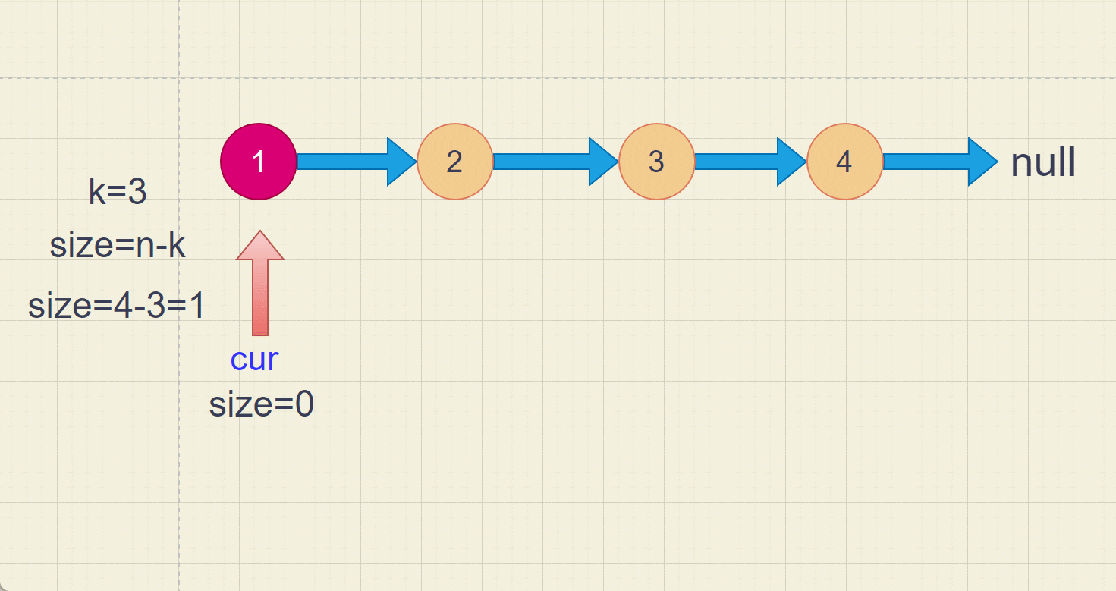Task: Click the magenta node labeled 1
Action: point(259,162)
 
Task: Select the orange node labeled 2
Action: point(455,162)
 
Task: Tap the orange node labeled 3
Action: point(657,162)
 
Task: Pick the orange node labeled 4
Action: point(844,162)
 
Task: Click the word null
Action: point(1042,162)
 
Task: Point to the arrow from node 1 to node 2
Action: point(357,162)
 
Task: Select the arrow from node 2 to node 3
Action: point(556,162)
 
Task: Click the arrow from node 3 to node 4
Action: point(751,162)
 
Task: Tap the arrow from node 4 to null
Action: point(941,162)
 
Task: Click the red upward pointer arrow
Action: point(260,283)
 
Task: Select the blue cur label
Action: point(254,360)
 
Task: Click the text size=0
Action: point(261,404)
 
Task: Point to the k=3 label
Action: point(118,191)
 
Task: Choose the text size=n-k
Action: point(118,245)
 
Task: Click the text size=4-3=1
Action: point(116,305)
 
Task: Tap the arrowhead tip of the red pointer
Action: point(260,231)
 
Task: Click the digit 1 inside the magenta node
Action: point(258,162)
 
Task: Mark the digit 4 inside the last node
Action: point(844,162)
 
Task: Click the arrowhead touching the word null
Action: point(983,162)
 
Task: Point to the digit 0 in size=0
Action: point(304,404)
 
